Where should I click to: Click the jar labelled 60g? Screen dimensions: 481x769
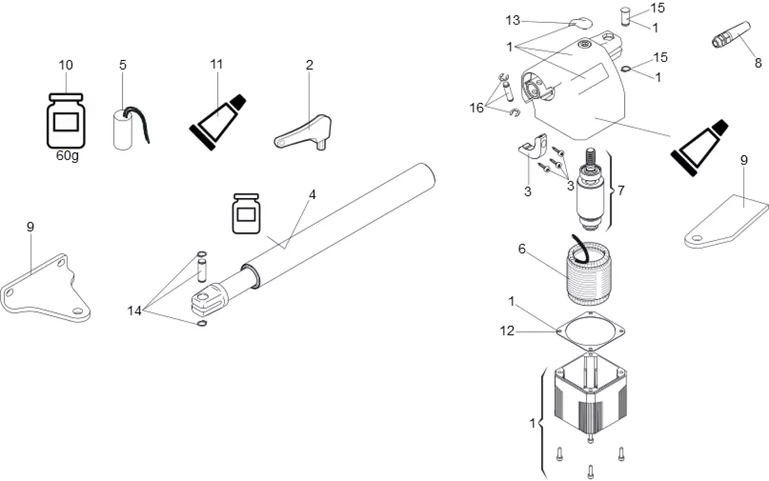pos(66,120)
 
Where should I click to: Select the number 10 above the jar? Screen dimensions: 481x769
pos(65,65)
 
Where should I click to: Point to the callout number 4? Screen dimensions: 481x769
pos(312,195)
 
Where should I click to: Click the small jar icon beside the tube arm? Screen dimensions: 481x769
pos(246,213)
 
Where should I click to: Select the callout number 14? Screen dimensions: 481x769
pos(134,311)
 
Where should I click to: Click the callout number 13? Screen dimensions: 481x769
pos(512,21)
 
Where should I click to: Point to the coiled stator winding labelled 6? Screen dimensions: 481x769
pos(588,275)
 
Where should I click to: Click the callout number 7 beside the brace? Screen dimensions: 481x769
pos(621,190)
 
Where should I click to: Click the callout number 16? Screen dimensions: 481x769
pos(477,108)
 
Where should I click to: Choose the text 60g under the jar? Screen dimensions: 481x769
pos(66,156)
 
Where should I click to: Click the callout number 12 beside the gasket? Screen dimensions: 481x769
pos(507,330)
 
